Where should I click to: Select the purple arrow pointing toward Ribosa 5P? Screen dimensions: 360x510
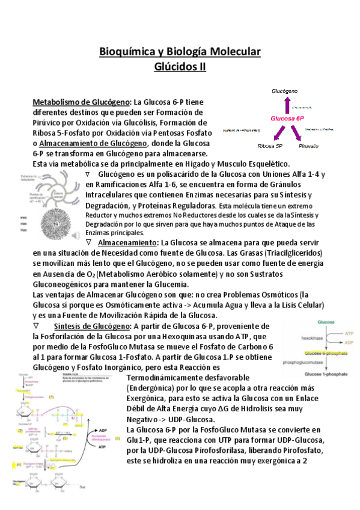click(270, 133)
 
